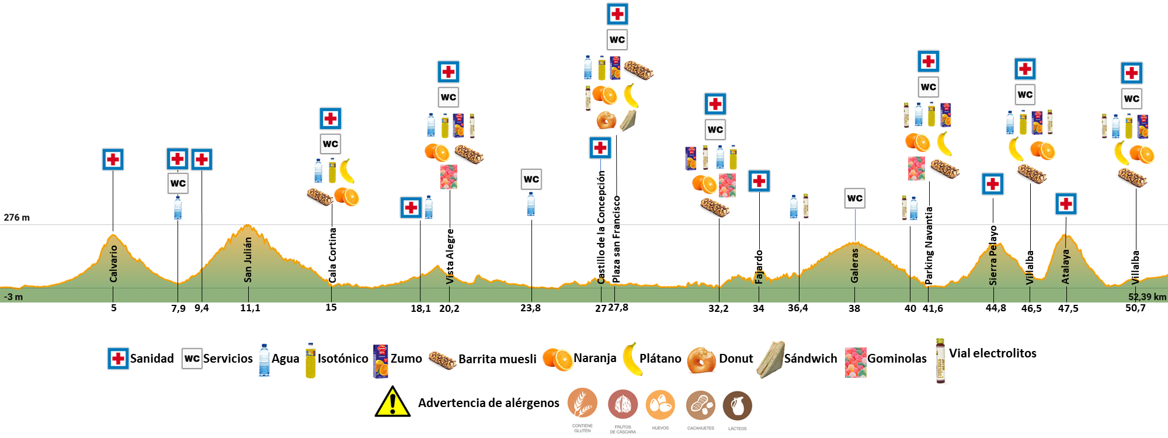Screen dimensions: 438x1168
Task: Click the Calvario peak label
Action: (x=114, y=263)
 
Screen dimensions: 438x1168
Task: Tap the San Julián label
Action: (x=248, y=260)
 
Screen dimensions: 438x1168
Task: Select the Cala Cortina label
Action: (x=332, y=255)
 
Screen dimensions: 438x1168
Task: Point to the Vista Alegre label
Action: (x=450, y=256)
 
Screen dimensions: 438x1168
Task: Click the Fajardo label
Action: (x=759, y=267)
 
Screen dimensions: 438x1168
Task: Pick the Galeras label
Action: (x=854, y=265)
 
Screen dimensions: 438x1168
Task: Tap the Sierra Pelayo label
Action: (x=993, y=255)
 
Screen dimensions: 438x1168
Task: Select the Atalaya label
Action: (x=1066, y=267)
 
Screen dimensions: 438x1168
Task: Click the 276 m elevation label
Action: (x=17, y=217)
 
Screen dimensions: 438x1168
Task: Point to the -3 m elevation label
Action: (x=13, y=297)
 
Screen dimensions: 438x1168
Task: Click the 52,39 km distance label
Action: (x=1147, y=297)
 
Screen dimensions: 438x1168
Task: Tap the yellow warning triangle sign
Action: (x=392, y=401)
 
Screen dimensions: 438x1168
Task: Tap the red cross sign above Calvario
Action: (x=113, y=159)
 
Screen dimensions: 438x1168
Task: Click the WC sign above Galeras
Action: (x=855, y=199)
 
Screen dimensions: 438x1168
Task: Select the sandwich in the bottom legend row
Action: (x=771, y=359)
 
